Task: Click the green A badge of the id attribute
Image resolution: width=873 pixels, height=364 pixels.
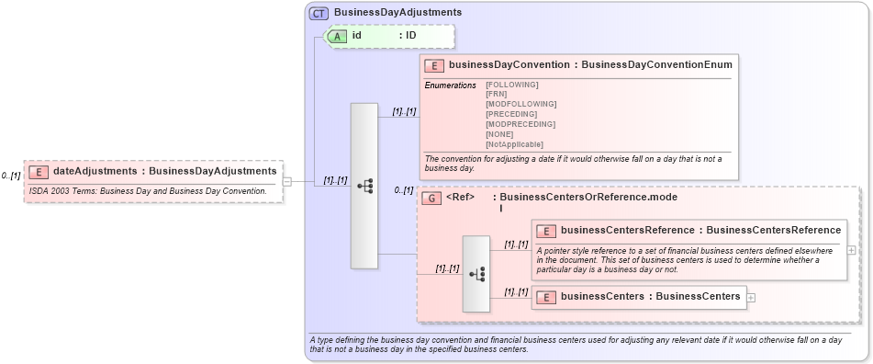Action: coord(338,36)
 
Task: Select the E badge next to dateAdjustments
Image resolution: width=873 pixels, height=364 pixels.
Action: coord(39,171)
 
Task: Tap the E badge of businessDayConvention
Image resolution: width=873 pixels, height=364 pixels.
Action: coord(434,65)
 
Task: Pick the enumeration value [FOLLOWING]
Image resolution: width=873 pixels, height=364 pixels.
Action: coord(511,85)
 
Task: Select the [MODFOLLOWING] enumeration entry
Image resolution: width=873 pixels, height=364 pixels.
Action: coord(520,105)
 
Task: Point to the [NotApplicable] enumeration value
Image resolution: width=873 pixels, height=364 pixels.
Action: coord(514,144)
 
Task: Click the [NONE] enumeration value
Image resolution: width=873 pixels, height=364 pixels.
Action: coord(500,134)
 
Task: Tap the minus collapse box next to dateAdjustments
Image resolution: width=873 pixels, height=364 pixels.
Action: coord(287,181)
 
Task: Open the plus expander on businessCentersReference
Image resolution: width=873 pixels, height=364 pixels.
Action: coord(852,249)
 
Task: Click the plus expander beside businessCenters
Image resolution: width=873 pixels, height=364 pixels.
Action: coord(752,297)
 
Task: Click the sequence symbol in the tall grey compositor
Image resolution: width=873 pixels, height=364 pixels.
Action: coord(364,186)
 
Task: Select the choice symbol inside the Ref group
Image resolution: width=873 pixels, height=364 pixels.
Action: coord(476,274)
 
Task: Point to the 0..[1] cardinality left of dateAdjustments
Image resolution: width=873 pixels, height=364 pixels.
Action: coord(11,176)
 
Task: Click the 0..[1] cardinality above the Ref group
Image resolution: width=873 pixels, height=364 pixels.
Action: coord(404,190)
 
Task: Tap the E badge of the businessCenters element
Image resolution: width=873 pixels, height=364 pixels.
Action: coord(546,297)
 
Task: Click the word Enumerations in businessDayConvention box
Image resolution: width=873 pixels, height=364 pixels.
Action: coord(450,85)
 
